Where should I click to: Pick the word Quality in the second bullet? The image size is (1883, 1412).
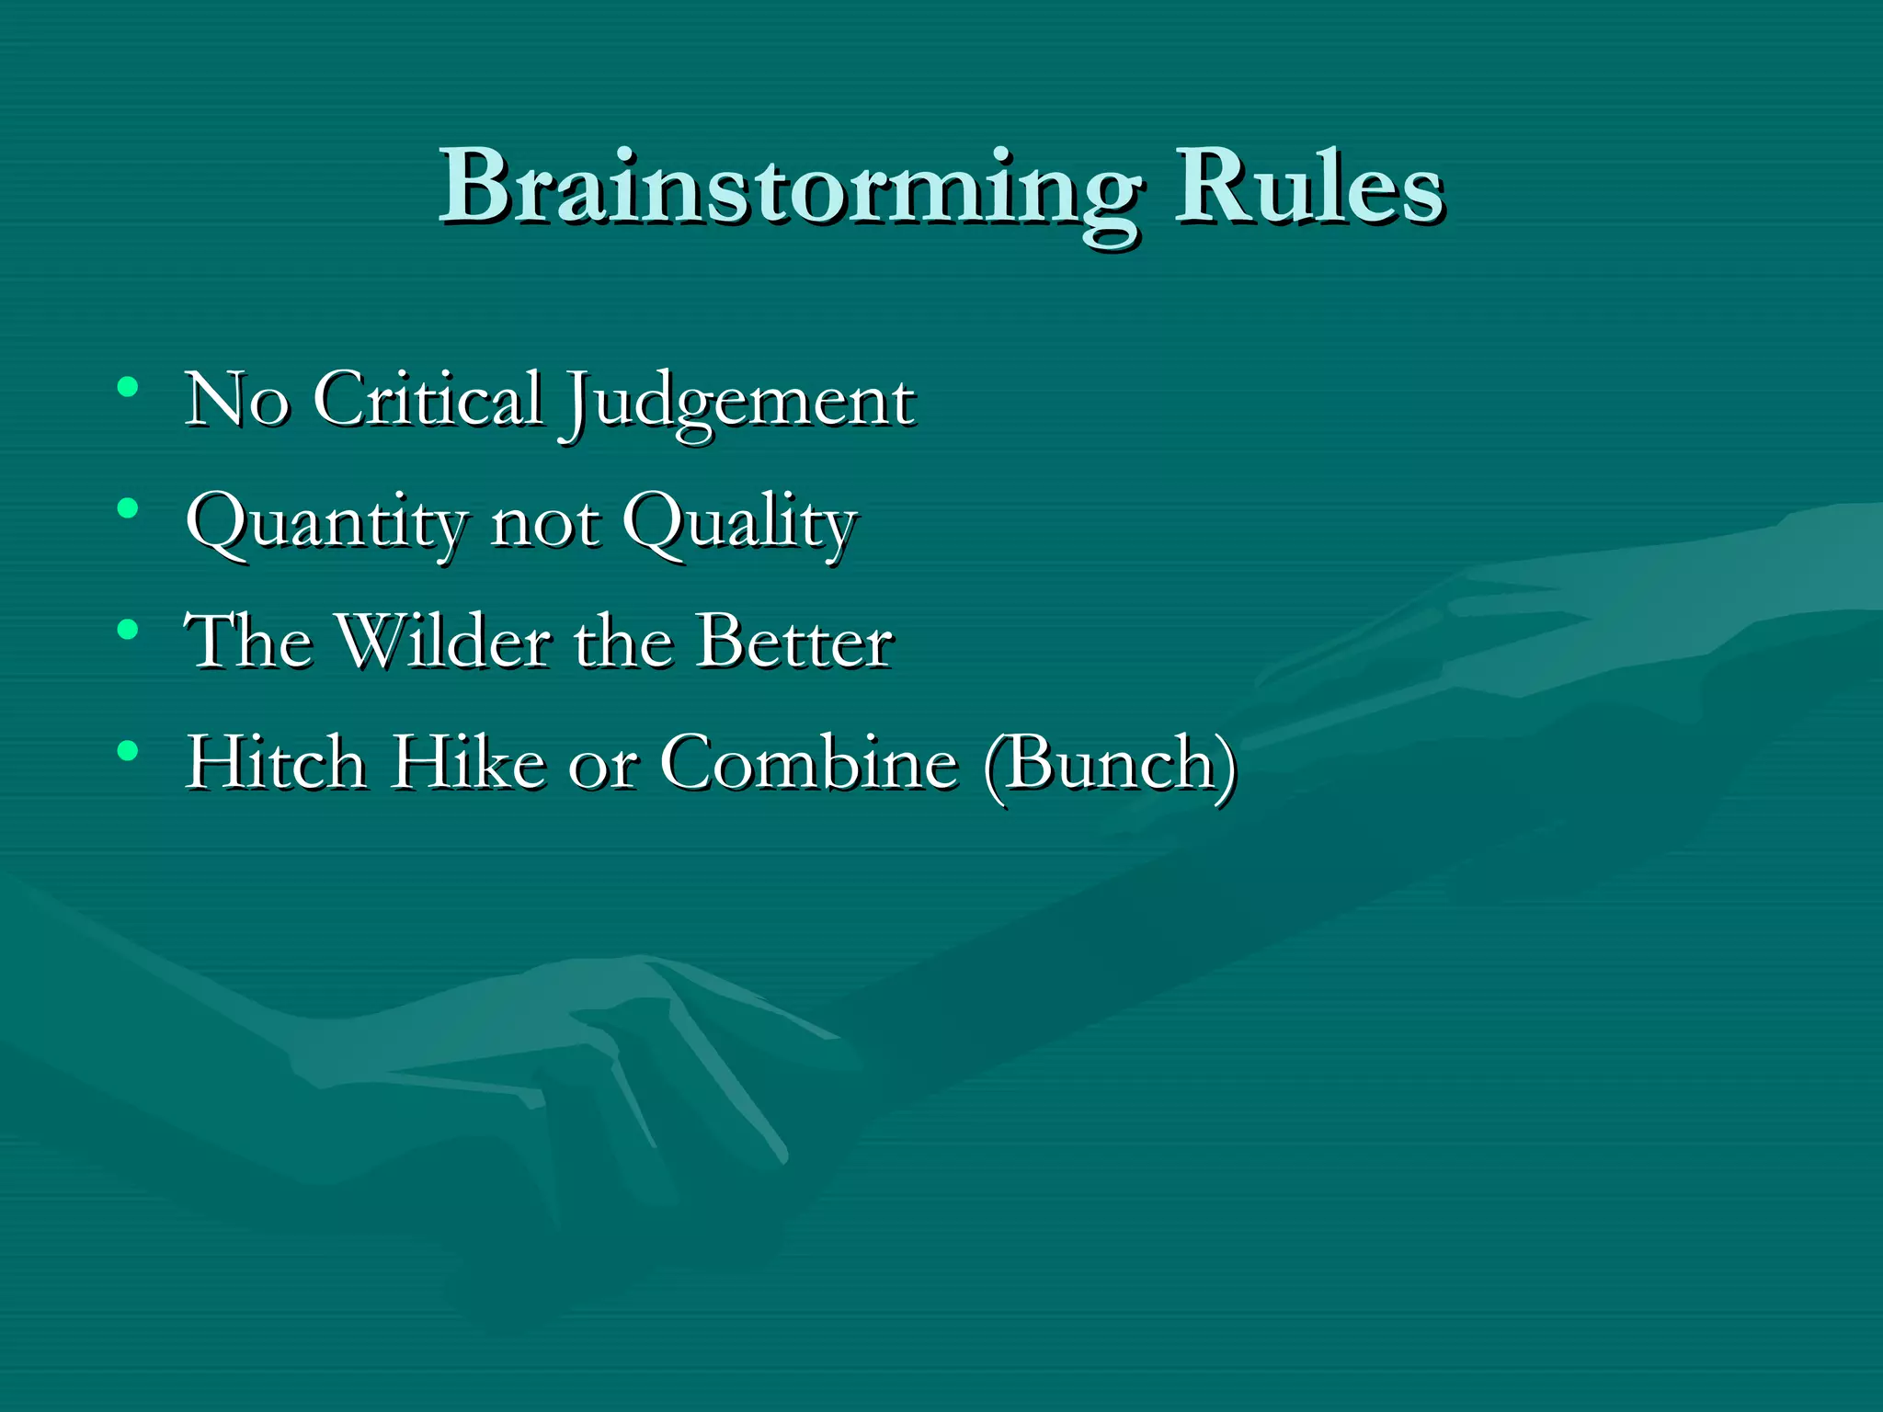[x=739, y=524]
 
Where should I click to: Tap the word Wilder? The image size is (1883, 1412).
[x=445, y=641]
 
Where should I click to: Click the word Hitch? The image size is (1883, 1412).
[x=276, y=762]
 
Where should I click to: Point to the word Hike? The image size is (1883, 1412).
[x=469, y=762]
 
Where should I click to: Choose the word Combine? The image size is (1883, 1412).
[x=809, y=762]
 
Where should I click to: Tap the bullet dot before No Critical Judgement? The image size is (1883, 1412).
[x=128, y=386]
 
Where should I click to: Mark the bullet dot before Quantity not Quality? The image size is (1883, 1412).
[x=128, y=507]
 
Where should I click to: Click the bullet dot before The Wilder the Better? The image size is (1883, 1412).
[x=128, y=630]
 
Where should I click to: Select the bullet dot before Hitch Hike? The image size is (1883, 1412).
[x=128, y=751]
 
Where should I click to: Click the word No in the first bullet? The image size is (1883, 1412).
[x=237, y=400]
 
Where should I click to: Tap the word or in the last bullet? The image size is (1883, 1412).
[x=602, y=766]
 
